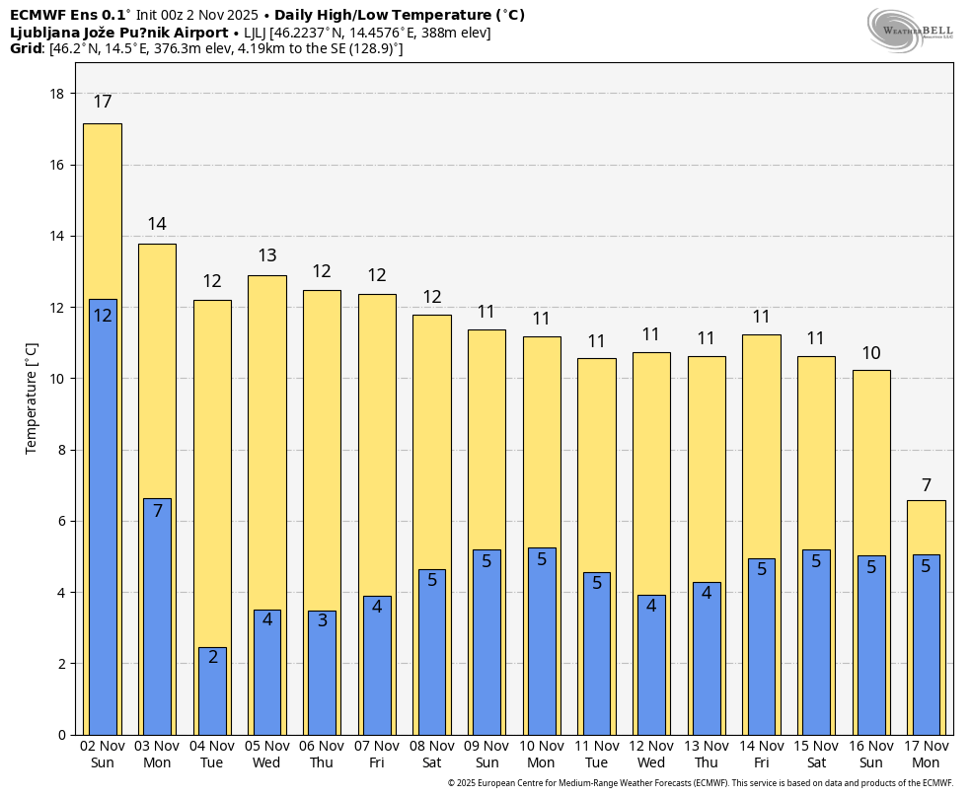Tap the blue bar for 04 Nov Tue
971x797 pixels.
212,690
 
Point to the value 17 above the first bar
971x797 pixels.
103,103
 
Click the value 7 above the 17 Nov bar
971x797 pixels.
927,485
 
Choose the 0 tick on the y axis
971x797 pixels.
61,735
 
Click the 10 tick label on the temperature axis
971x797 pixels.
57,379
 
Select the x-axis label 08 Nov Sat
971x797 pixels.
432,755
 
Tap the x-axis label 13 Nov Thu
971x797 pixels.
707,755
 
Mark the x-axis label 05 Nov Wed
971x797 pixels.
266,755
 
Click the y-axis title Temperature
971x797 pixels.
32,398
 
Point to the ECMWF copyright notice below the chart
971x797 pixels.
700,783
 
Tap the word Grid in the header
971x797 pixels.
27,48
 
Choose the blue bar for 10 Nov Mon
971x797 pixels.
542,641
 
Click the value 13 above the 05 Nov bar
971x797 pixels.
266,255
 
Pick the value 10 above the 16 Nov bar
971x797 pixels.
871,353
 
